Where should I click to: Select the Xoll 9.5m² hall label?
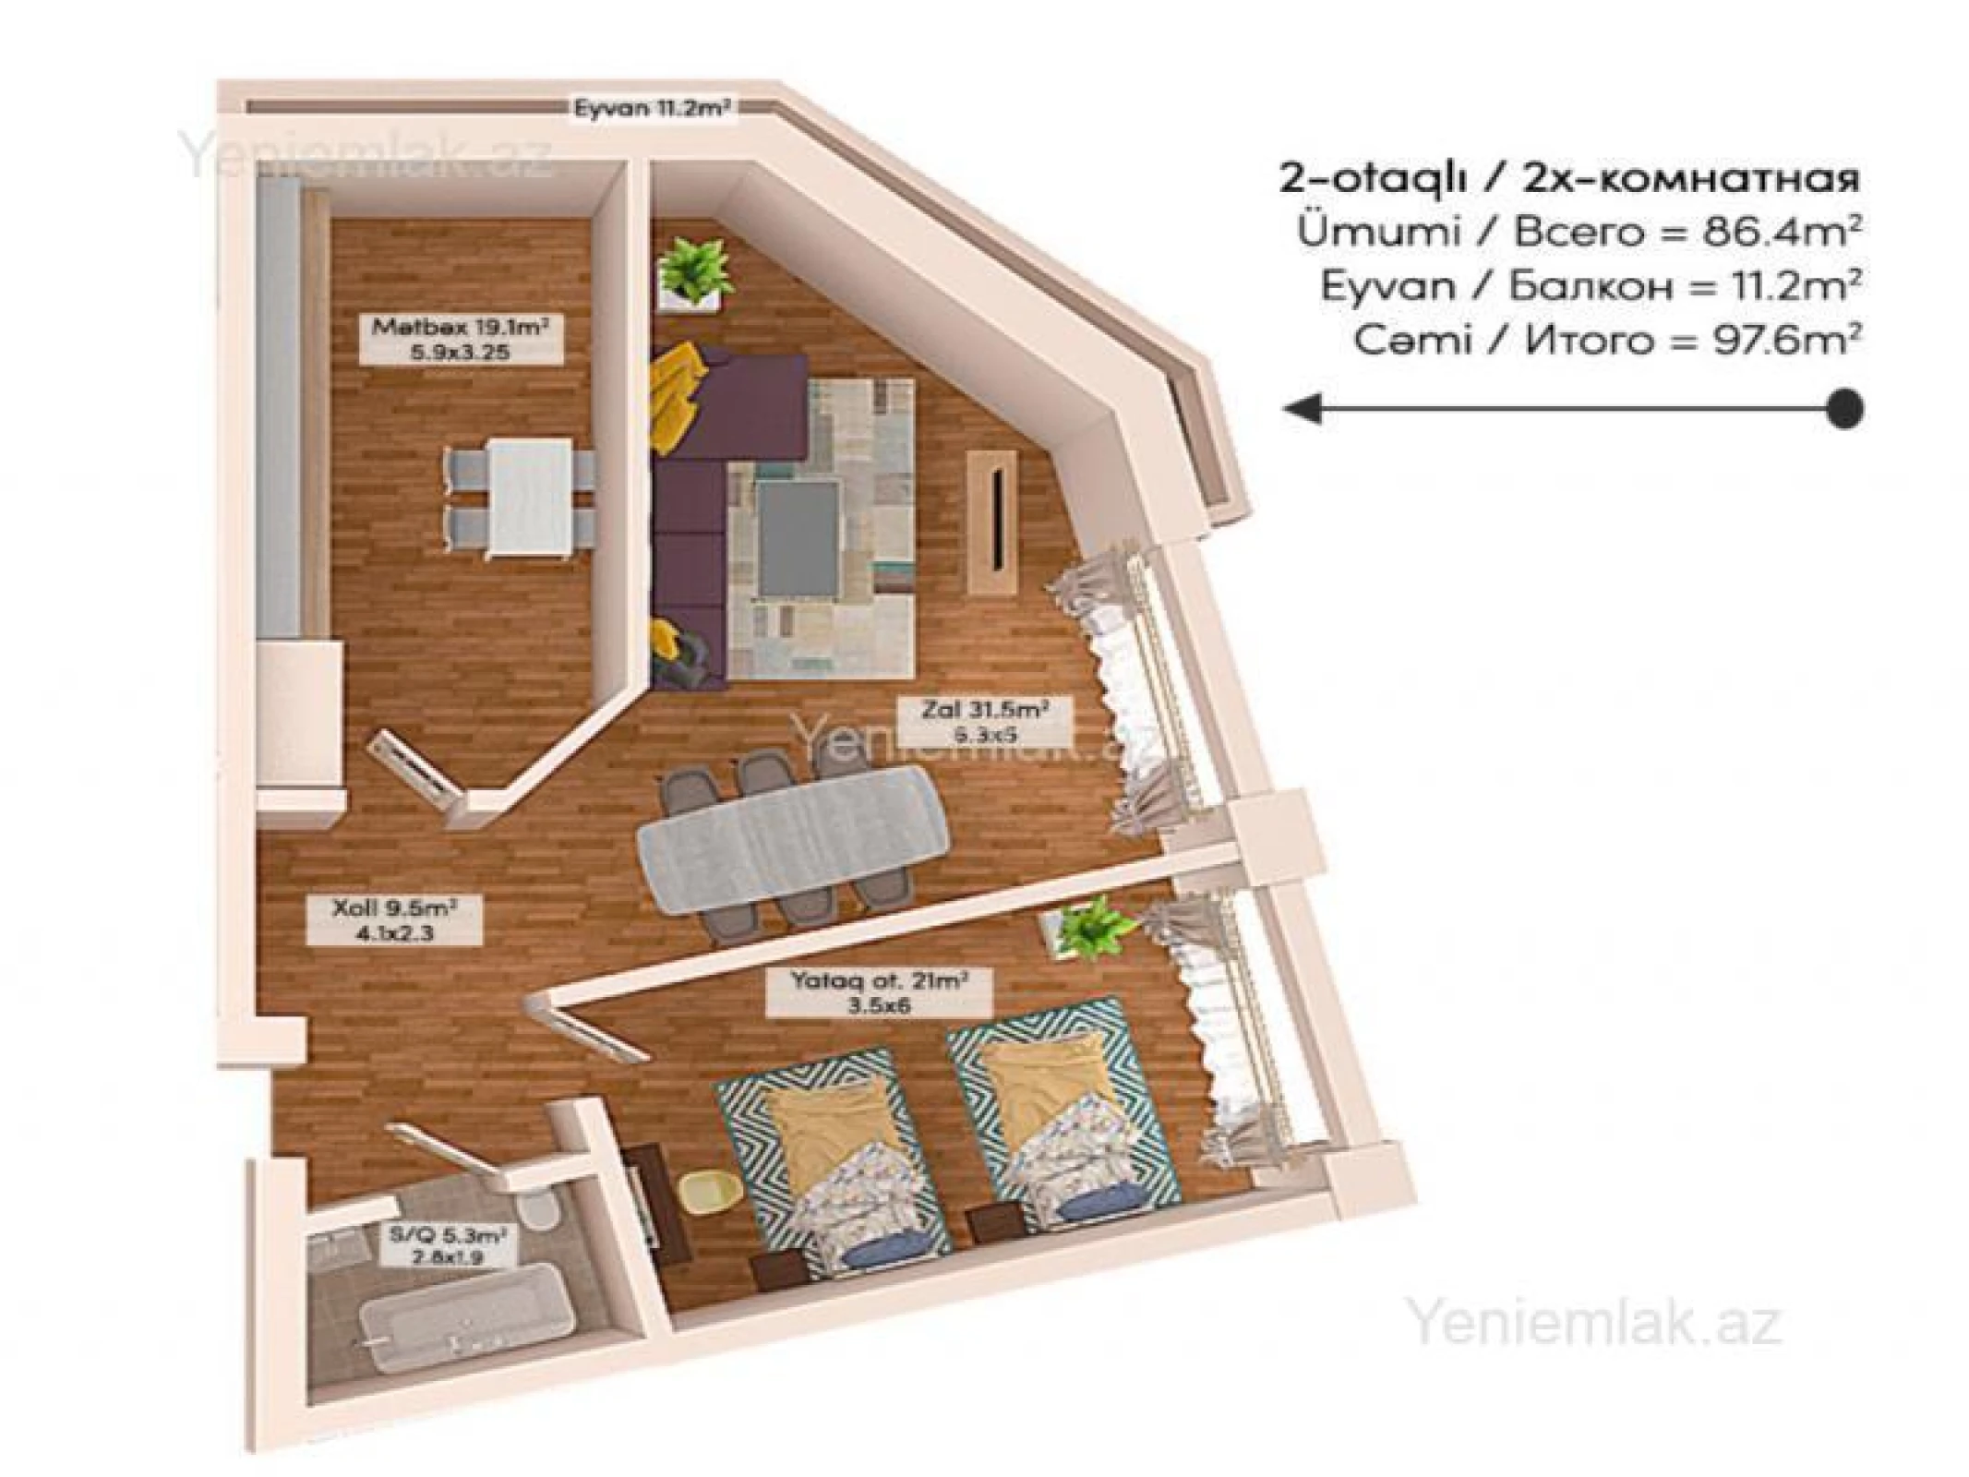(x=394, y=919)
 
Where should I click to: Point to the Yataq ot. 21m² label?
(x=878, y=992)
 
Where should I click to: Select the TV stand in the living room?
(x=994, y=522)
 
